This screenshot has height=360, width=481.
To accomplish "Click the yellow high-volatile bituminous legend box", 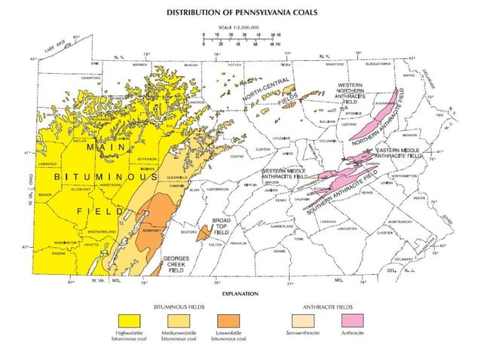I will (129, 319).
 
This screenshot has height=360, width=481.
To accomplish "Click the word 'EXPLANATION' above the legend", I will (240, 292).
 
